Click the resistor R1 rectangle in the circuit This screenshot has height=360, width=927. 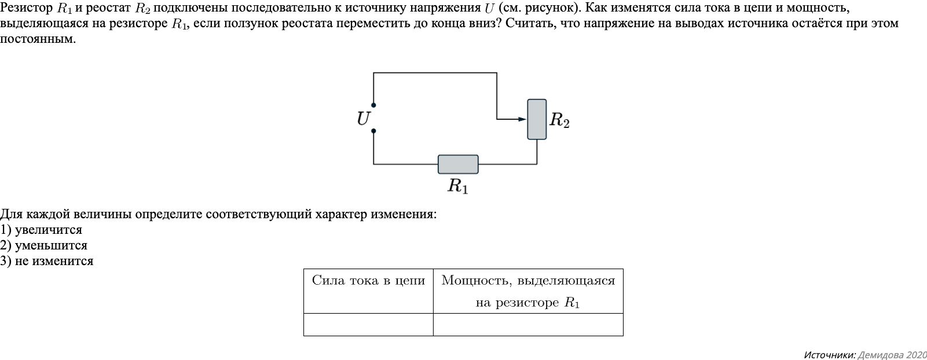coord(458,164)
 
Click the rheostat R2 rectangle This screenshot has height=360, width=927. coord(537,119)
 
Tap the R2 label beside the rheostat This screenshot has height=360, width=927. coord(559,120)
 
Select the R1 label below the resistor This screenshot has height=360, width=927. coord(457,186)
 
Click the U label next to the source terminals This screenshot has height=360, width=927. coord(363,119)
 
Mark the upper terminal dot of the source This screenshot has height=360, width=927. coord(373,105)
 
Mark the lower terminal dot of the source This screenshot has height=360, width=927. coord(373,131)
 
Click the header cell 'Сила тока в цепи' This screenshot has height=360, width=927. coord(368,281)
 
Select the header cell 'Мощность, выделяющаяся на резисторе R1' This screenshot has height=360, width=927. coord(528,291)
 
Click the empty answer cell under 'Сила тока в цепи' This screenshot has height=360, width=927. coord(368,325)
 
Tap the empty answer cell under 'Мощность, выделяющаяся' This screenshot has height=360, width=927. coord(528,325)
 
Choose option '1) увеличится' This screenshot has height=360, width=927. coord(42,230)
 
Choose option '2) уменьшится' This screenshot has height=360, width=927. coord(44,245)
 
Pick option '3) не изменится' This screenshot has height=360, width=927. coord(47,261)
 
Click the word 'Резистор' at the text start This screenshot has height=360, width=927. coord(26,8)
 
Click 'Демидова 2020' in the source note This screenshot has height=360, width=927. coord(892,354)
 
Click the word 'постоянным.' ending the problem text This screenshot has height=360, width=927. coord(38,39)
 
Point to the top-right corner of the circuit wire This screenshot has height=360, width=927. coord(497,73)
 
